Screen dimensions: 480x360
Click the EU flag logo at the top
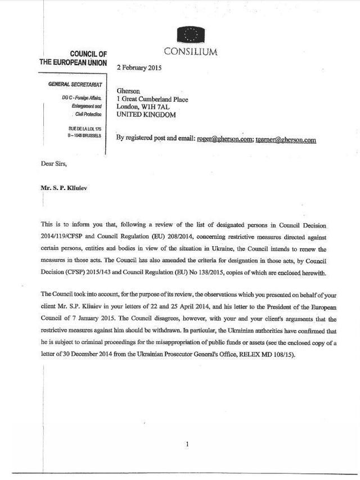(x=190, y=35)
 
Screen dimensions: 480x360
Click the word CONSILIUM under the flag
(x=190, y=52)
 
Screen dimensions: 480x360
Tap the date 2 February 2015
(x=139, y=67)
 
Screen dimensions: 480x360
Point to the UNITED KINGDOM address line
(x=146, y=115)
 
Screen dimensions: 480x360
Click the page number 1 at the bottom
(x=187, y=445)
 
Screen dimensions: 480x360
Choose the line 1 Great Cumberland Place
(x=152, y=99)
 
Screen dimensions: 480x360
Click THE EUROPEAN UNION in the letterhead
(x=73, y=62)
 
